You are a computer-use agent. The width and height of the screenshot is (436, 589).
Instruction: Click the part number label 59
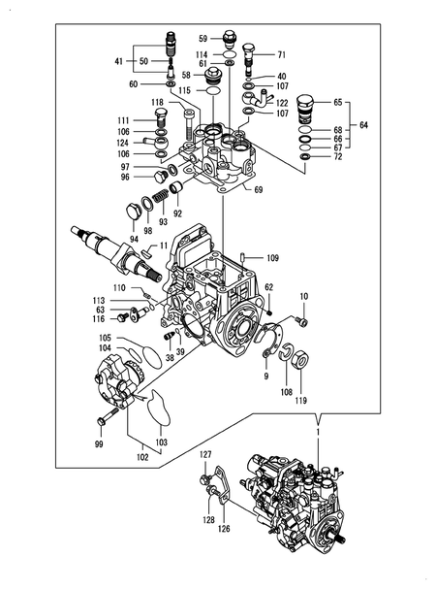coord(203,38)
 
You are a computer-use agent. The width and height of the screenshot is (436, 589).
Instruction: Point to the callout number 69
coord(258,189)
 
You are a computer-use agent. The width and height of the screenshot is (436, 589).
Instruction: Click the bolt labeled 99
coord(108,417)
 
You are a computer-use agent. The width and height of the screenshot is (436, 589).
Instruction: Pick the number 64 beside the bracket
coord(363,125)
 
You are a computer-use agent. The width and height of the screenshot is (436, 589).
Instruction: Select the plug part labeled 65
coord(304,109)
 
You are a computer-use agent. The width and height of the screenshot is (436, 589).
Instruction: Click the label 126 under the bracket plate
coord(224,529)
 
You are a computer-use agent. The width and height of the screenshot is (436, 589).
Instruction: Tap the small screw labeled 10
coord(301,321)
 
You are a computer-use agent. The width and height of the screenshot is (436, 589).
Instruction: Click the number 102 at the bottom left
coord(142,457)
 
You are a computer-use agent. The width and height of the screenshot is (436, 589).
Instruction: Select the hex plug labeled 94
coord(132,212)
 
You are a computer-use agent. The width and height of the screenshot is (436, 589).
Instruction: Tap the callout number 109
coord(273,258)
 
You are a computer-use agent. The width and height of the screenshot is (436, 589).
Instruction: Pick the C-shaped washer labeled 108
coord(287,354)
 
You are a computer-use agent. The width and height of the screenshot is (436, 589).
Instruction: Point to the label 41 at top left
coord(118,61)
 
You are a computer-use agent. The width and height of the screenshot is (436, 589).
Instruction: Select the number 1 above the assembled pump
coord(318,433)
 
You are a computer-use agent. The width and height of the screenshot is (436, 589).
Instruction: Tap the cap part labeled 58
coord(212,78)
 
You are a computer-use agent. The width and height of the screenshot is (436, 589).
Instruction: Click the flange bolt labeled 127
coord(205,479)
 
